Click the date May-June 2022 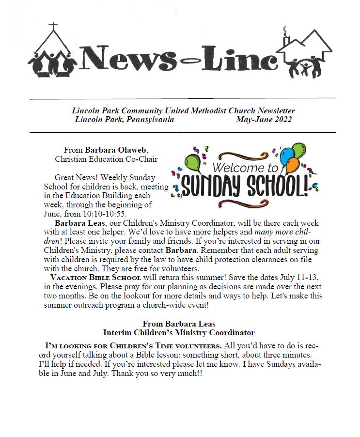click(264, 120)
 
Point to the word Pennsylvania click(149, 120)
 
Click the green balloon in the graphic click(192, 162)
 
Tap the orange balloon click(292, 166)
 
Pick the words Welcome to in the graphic click(240, 169)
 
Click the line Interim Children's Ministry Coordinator click(179, 333)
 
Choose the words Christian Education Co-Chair click(106, 158)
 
